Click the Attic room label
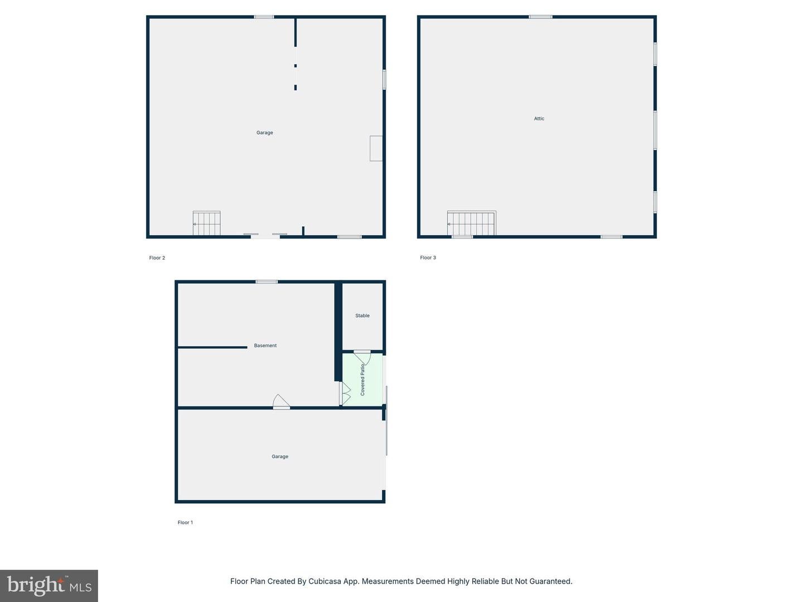(x=539, y=119)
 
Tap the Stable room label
(x=362, y=315)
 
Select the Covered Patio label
(x=362, y=380)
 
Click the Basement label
(x=265, y=346)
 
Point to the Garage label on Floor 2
(x=265, y=133)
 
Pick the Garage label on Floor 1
(x=280, y=457)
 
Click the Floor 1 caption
(x=185, y=522)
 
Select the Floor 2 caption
(x=157, y=258)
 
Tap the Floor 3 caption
(x=428, y=258)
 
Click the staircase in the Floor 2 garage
(x=207, y=224)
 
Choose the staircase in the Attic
(x=471, y=224)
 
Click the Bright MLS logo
(x=49, y=585)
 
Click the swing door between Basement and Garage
(x=281, y=402)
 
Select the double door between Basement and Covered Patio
(x=345, y=393)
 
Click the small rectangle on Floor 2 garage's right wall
(x=376, y=148)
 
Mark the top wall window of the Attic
(x=540, y=17)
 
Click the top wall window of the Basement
(x=267, y=281)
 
